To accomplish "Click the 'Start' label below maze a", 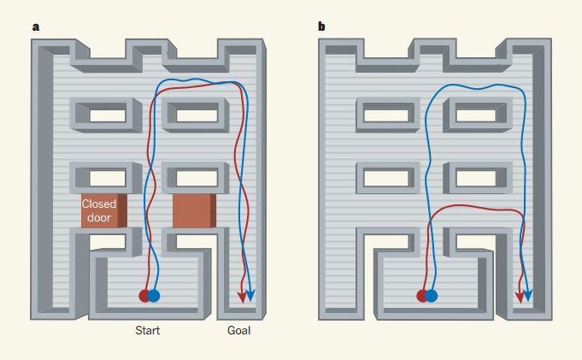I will point(147,330).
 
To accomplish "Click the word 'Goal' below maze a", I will point(239,330).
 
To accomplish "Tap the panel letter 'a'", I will point(35,27).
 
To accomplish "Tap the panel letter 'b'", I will point(321,27).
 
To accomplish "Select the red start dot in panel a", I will point(144,296).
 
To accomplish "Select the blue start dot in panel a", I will point(154,296).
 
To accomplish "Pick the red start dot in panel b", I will point(421,296).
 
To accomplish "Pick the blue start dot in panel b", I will point(431,296).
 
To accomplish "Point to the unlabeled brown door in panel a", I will point(195,210).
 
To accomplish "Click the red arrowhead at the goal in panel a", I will point(242,297).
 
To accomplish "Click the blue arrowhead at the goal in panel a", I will point(252,296).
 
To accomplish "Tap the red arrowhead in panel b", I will point(520,297).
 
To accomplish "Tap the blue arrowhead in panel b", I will point(528,295).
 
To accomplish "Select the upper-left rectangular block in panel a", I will point(106,115).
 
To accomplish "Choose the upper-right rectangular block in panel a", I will point(196,115).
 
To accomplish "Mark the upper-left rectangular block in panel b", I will point(385,115).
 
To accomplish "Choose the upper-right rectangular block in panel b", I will point(476,115).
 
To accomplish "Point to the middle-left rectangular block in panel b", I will point(385,177).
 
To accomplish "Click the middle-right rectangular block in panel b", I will point(476,177).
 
